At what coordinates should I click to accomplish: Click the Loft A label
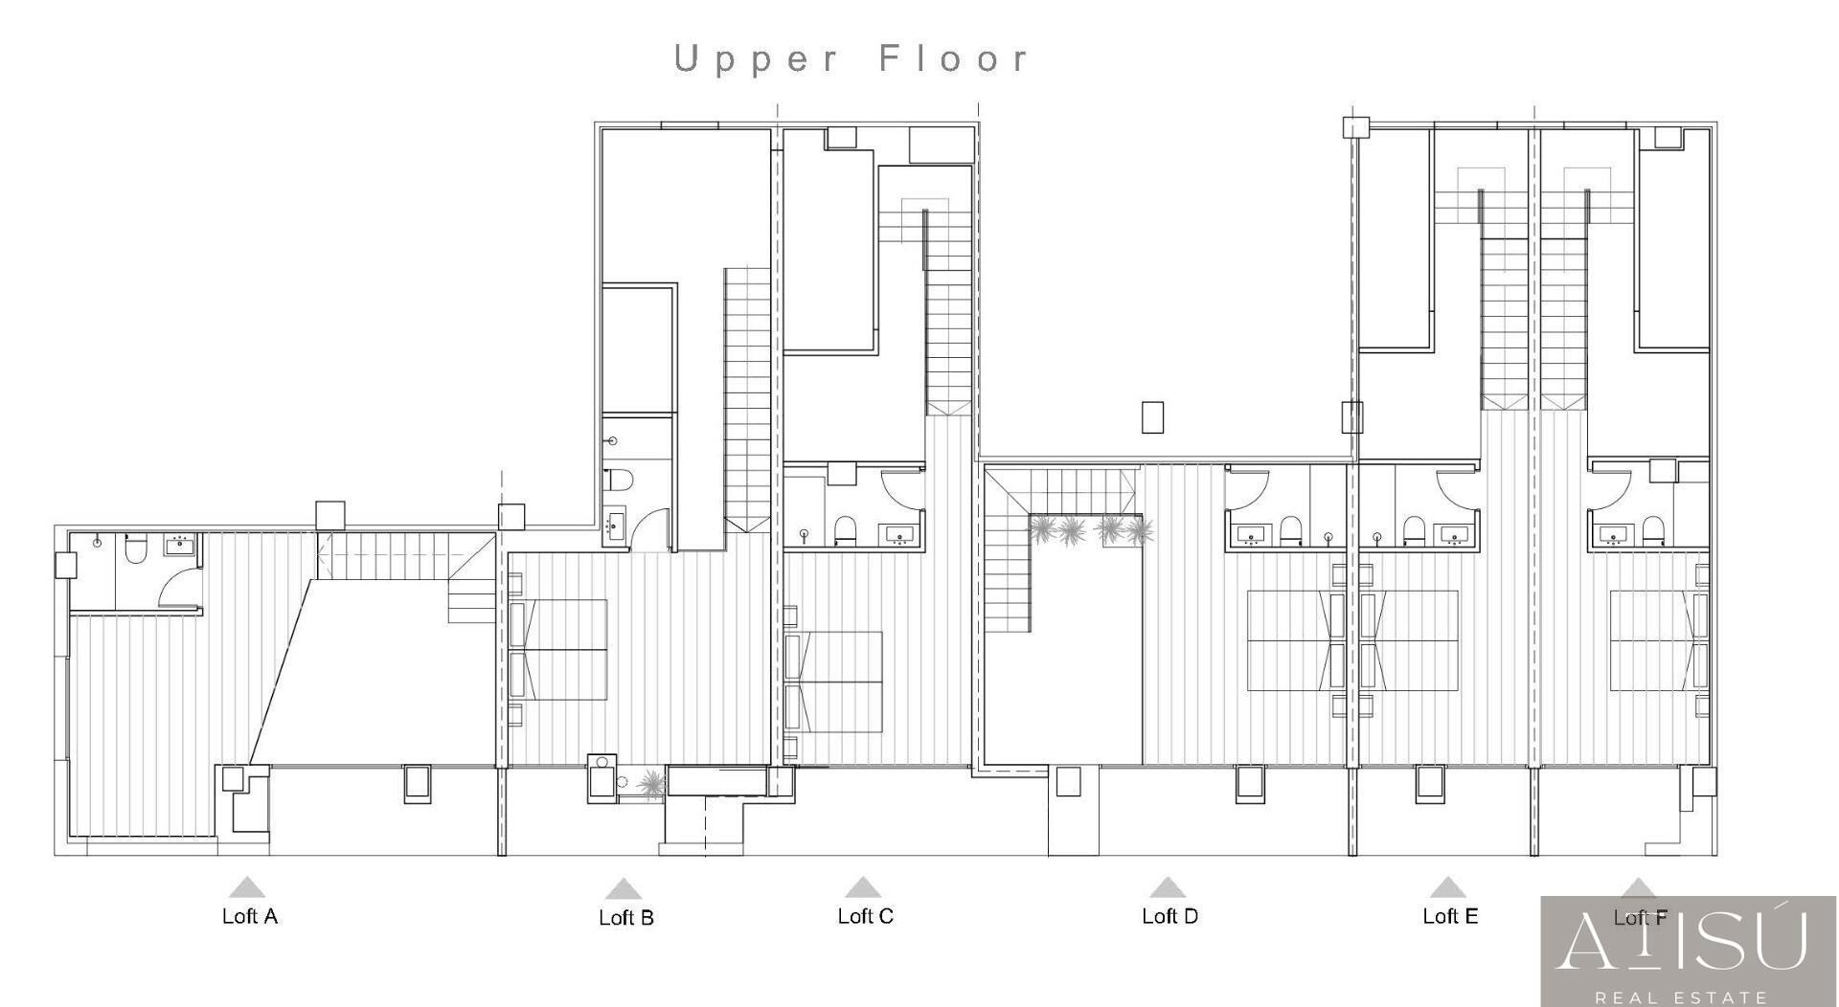250,916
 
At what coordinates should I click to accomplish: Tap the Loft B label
626,918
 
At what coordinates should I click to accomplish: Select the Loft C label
866,916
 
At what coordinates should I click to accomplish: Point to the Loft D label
1170,916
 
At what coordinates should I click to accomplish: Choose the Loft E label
1450,916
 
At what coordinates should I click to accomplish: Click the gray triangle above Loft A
247,888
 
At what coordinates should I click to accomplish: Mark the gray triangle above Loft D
1167,888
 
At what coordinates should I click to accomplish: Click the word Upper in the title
756,59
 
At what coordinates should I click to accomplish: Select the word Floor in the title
954,58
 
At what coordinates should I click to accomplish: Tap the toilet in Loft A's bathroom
135,548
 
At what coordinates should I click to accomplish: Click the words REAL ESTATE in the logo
1688,997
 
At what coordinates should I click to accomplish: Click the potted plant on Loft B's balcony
651,785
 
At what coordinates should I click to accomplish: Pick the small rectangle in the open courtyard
1153,417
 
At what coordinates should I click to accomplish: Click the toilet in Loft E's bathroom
1415,528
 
